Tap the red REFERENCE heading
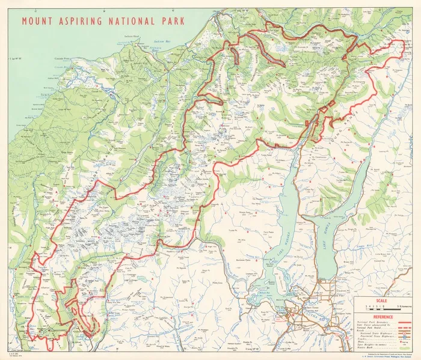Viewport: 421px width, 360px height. tap(383, 316)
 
